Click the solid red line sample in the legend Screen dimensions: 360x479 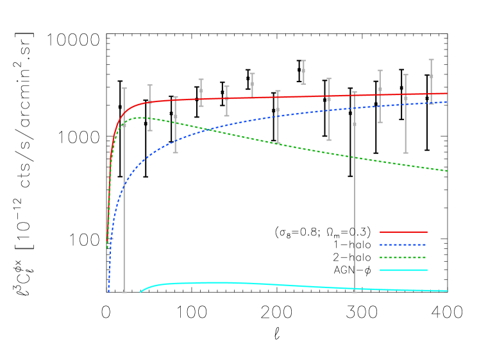[403, 232]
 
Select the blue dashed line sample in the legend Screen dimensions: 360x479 [403, 244]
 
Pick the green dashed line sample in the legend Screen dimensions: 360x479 [403, 257]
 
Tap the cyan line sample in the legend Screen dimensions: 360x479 [403, 270]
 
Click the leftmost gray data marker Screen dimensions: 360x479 [124, 125]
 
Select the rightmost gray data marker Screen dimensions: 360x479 [431, 76]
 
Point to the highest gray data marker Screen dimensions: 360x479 [303, 71]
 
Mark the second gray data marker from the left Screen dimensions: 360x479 [150, 103]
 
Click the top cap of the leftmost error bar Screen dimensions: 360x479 [124, 89]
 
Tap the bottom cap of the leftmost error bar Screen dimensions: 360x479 [124, 292]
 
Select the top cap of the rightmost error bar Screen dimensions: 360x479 [431, 60]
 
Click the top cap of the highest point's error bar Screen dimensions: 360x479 [303, 61]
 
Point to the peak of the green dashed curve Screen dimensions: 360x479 [139, 117]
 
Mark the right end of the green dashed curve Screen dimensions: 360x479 [446, 171]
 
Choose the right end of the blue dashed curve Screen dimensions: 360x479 [446, 102]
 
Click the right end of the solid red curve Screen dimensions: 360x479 [446, 94]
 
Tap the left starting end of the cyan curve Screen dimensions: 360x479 [140, 292]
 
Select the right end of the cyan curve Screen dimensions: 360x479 [446, 291]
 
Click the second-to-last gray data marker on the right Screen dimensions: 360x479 [405, 98]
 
